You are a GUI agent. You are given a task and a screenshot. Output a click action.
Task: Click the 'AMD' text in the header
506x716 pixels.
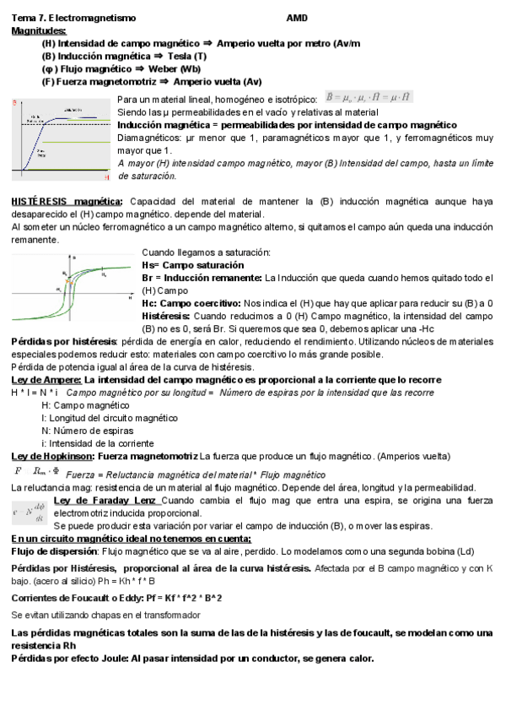(297, 18)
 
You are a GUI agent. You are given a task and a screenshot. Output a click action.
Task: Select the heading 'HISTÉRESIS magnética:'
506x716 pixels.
(67, 201)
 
